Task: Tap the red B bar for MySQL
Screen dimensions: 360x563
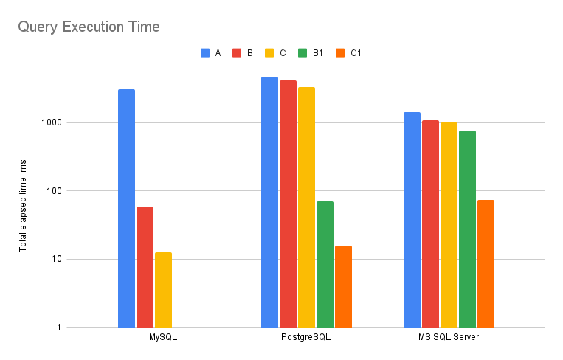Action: [145, 266]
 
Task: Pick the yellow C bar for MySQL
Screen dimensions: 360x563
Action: [163, 289]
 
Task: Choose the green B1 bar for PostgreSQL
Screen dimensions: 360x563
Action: [325, 264]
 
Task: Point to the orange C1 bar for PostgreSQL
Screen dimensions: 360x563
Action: [343, 286]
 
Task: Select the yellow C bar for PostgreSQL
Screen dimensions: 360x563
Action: [306, 207]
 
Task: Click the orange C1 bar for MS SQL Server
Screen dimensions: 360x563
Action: [486, 263]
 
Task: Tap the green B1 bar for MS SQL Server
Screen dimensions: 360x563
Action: [467, 229]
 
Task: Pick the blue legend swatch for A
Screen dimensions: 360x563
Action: [205, 53]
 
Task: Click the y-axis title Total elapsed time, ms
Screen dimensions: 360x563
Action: [23, 209]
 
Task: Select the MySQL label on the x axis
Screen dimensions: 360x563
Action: [162, 338]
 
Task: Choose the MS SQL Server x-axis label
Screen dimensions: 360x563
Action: [449, 338]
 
